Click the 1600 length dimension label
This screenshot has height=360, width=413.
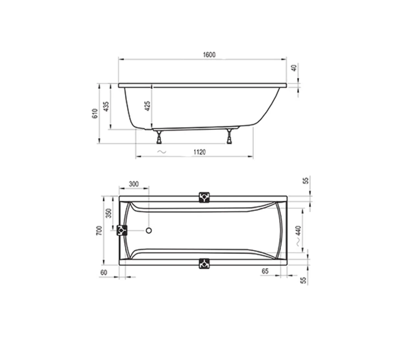click(209, 55)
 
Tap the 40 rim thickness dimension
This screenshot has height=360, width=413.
click(294, 68)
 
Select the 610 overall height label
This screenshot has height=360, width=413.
click(95, 113)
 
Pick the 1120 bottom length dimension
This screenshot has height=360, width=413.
click(199, 152)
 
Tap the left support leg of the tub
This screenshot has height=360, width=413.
click(159, 137)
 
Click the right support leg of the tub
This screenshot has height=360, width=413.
click(229, 136)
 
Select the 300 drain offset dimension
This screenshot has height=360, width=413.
click(134, 184)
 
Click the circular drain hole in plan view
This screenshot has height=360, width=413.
click(149, 231)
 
